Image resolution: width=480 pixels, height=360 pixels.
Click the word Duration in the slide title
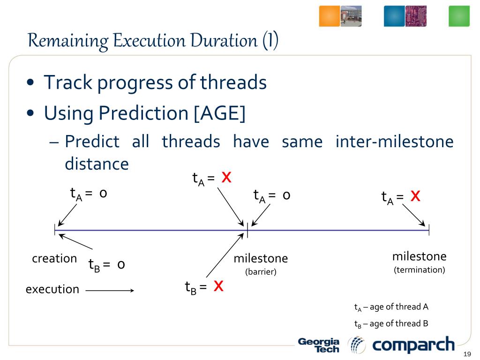(x=224, y=40)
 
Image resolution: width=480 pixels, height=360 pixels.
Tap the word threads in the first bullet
(x=233, y=82)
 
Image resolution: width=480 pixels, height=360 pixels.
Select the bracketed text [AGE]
(x=220, y=113)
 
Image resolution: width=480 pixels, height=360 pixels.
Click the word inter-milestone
(x=394, y=141)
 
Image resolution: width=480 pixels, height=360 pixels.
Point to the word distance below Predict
(x=97, y=164)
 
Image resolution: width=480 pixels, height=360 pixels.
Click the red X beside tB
(x=218, y=286)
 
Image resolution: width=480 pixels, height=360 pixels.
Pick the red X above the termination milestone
(x=415, y=195)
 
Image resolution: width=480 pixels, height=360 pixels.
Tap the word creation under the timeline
(x=54, y=258)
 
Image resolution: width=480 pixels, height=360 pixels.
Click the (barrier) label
(x=261, y=272)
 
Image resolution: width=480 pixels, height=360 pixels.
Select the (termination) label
(x=420, y=270)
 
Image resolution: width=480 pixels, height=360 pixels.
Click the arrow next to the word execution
(x=110, y=290)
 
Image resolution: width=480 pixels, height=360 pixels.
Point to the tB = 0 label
(x=106, y=265)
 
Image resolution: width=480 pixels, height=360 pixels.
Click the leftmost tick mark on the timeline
(x=55, y=230)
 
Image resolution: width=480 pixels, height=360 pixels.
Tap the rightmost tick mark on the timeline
(x=429, y=230)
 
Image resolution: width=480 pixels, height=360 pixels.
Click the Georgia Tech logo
(x=319, y=345)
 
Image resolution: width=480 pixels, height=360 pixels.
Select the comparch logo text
(x=413, y=345)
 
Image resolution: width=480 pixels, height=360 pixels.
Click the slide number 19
(x=467, y=354)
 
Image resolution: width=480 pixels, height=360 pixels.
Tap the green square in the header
(x=459, y=16)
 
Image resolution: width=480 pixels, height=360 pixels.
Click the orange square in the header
(x=330, y=16)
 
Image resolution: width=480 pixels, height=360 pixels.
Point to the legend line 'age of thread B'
(x=391, y=323)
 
